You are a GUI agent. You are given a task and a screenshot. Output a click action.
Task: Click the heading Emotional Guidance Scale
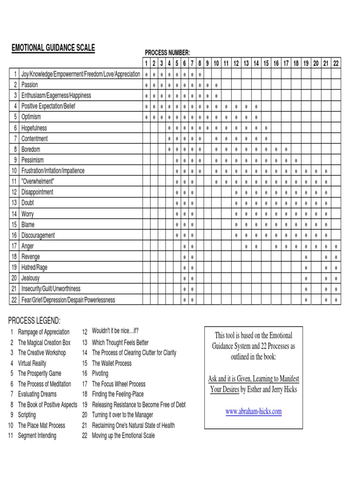(x=53, y=48)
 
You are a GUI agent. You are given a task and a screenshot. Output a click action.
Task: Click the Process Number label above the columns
(x=167, y=52)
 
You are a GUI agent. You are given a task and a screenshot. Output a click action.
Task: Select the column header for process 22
(x=336, y=63)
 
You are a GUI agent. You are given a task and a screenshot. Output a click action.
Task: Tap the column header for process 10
(x=216, y=63)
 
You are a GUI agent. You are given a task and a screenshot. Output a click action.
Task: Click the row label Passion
(x=30, y=85)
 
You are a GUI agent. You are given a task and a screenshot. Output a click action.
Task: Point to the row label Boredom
(x=30, y=149)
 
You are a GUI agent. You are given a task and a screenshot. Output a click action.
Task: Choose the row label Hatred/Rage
(x=34, y=267)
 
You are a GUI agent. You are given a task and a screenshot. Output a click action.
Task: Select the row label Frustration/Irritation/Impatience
(x=53, y=171)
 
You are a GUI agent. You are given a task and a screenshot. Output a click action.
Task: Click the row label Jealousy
(x=30, y=278)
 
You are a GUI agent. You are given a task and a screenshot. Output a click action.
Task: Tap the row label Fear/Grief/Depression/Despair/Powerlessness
(x=68, y=300)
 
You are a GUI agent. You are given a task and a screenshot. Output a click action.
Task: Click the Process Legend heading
(x=34, y=321)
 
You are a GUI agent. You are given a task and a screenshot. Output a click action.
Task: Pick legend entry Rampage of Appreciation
(x=44, y=332)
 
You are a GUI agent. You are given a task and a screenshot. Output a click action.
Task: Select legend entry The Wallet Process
(x=112, y=363)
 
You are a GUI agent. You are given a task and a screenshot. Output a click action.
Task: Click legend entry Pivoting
(x=100, y=374)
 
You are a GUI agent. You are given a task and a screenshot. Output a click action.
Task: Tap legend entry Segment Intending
(x=37, y=435)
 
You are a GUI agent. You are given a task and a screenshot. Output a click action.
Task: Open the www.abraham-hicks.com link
(x=253, y=412)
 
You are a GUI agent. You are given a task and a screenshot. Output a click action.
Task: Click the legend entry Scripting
(x=27, y=415)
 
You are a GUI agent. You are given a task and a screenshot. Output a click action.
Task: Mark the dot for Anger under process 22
(x=336, y=246)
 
